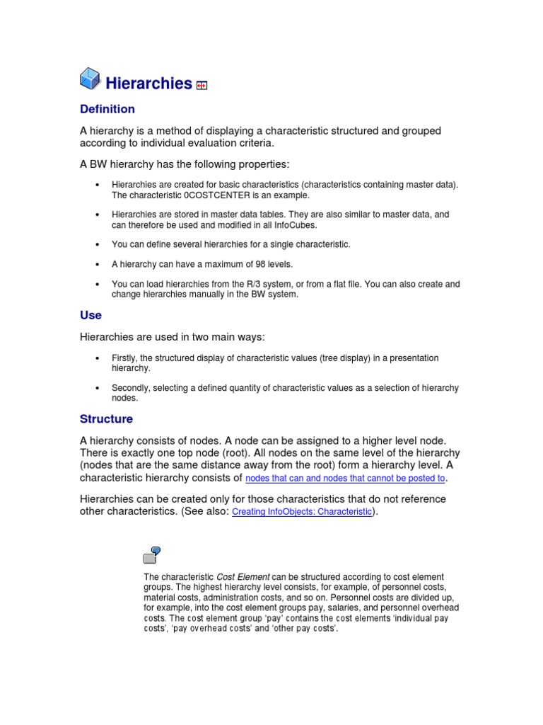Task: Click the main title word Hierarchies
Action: tap(148, 84)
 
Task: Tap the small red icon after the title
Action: tap(202, 86)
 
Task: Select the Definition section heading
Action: tap(107, 109)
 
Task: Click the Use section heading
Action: tap(90, 315)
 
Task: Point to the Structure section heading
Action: tap(106, 419)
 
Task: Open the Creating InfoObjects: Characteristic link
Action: tap(301, 512)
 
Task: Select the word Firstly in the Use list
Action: tap(124, 358)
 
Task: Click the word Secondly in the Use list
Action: tap(132, 388)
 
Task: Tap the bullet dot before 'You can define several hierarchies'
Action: tap(97, 244)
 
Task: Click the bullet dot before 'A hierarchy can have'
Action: tap(97, 264)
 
